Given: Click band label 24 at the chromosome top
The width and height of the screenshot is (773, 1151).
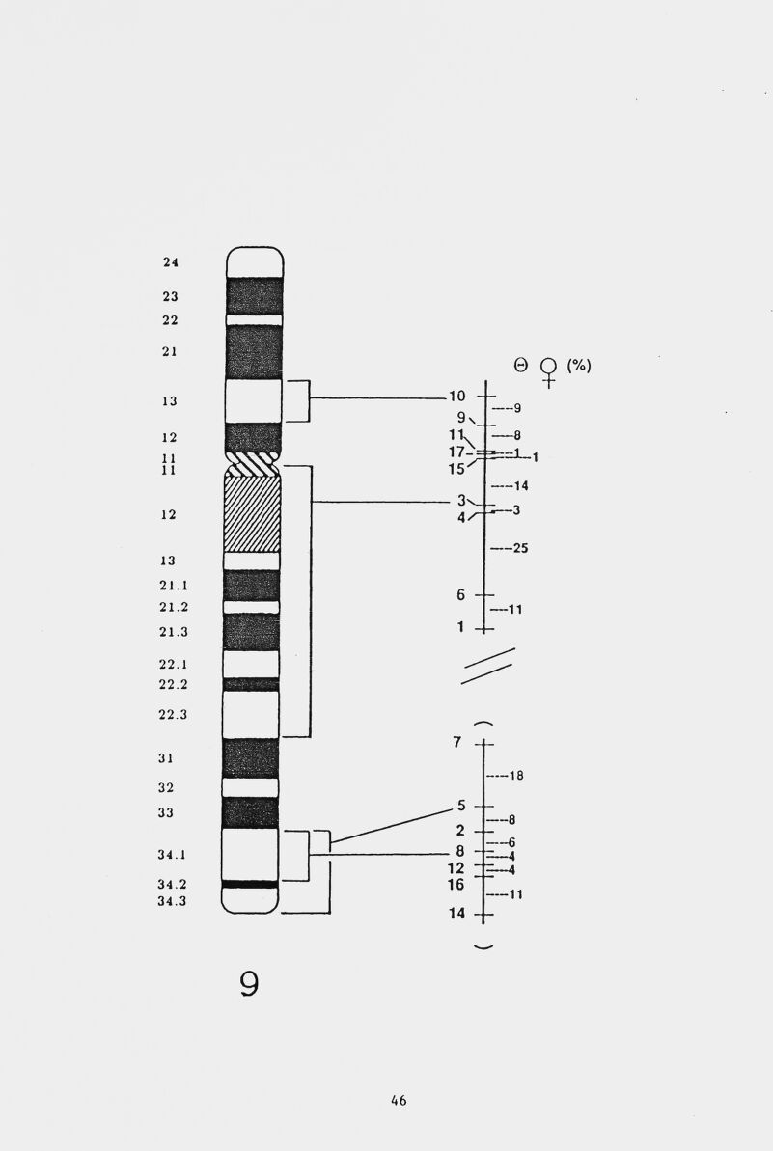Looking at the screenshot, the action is pyautogui.click(x=170, y=262).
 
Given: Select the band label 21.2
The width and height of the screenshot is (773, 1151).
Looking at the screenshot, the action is pyautogui.click(x=174, y=607).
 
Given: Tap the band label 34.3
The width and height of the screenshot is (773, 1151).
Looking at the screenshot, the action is pyautogui.click(x=173, y=901).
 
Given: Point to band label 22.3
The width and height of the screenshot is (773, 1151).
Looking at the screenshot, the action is pyautogui.click(x=174, y=714).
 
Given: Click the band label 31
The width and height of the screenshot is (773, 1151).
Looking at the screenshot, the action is pyautogui.click(x=166, y=758).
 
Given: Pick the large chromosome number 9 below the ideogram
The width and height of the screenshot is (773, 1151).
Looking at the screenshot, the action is pyautogui.click(x=250, y=984).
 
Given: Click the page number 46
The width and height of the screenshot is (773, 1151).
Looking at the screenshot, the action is pyautogui.click(x=399, y=1100).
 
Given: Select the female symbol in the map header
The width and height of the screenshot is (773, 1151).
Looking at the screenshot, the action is pyautogui.click(x=548, y=372).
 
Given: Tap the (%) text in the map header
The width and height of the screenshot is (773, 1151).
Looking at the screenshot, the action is pyautogui.click(x=578, y=365).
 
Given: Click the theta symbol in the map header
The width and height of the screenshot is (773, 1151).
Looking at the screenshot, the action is pyautogui.click(x=521, y=365).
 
